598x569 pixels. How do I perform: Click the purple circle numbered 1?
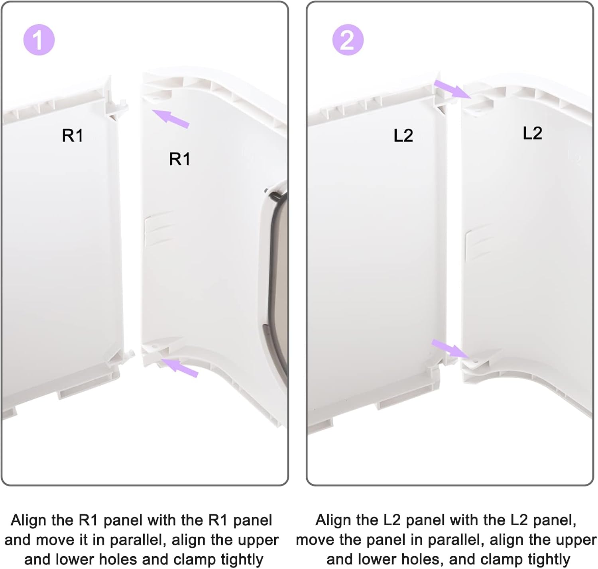pyautogui.click(x=39, y=39)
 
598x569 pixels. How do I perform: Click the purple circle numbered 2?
pyautogui.click(x=348, y=39)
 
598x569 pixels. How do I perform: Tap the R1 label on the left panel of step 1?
pyautogui.click(x=73, y=135)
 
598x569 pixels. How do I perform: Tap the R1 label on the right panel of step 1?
pyautogui.click(x=180, y=159)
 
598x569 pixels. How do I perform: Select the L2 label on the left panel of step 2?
pyautogui.click(x=403, y=135)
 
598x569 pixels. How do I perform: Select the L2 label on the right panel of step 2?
pyautogui.click(x=532, y=133)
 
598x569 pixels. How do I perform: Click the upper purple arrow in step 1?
pyautogui.click(x=170, y=119)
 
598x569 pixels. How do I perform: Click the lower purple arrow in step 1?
pyautogui.click(x=179, y=368)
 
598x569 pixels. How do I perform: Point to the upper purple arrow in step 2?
pyautogui.click(x=452, y=89)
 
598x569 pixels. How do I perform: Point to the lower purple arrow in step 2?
pyautogui.click(x=450, y=348)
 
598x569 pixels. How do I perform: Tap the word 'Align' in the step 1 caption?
pyautogui.click(x=29, y=520)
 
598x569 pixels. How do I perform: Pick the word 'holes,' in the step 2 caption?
pyautogui.click(x=420, y=559)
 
